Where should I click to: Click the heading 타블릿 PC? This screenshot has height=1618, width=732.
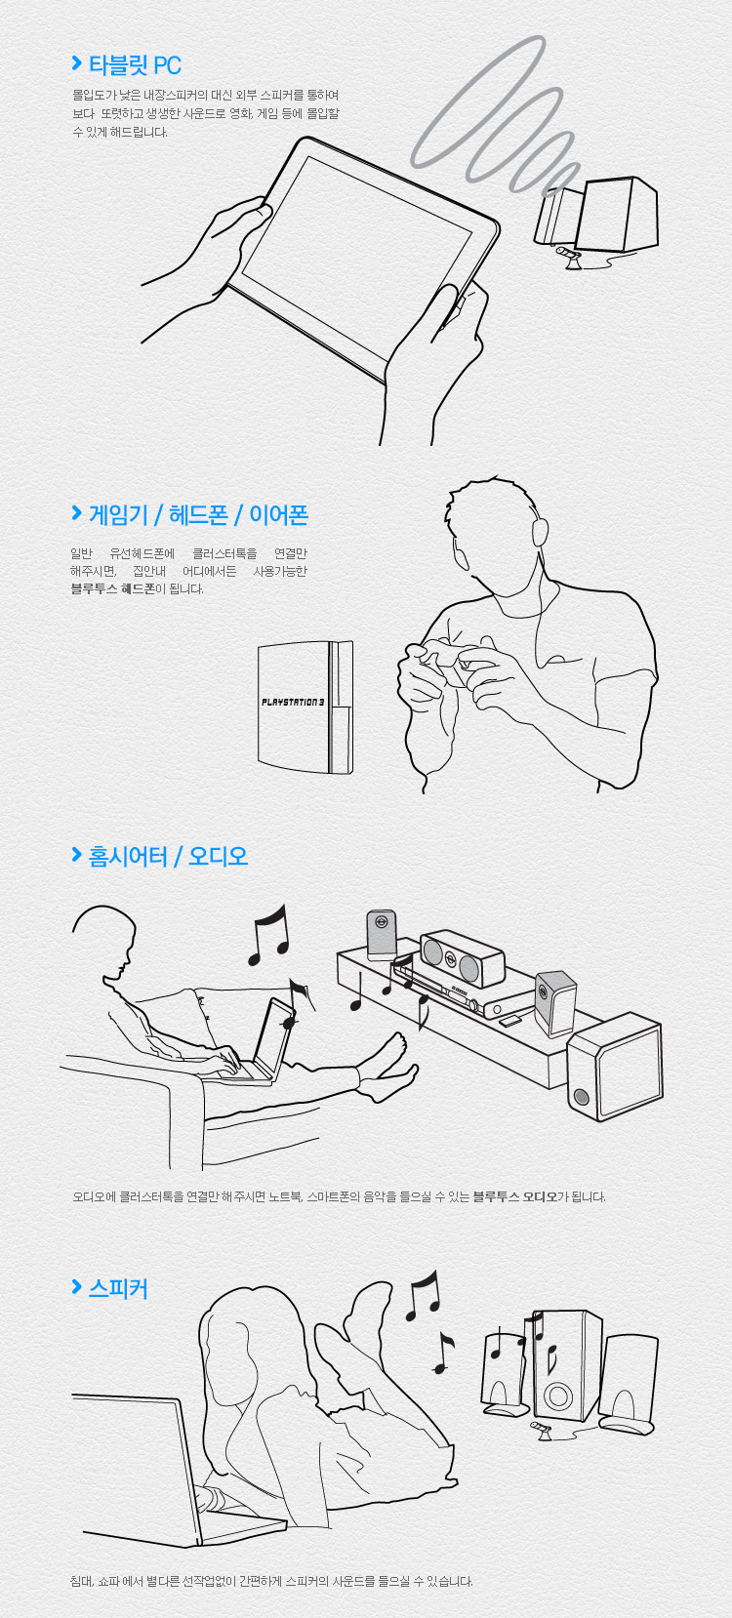tap(135, 65)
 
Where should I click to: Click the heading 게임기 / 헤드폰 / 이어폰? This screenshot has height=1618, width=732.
tap(198, 515)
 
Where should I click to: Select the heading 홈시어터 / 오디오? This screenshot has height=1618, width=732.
tap(168, 856)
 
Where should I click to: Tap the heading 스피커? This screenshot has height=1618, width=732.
tap(118, 1288)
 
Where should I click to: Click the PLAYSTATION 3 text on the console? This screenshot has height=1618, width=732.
tap(293, 702)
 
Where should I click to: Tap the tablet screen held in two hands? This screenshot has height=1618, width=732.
tap(357, 258)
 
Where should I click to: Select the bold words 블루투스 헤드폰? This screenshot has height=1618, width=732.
tap(113, 588)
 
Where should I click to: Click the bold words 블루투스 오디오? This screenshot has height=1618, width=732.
tap(514, 1196)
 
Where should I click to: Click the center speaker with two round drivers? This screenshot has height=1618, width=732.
tap(463, 957)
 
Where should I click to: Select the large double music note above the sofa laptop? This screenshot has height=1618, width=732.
tap(268, 936)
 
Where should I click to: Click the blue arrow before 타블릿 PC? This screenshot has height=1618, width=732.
tap(76, 63)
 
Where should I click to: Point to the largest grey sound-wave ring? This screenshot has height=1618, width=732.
tap(478, 101)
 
